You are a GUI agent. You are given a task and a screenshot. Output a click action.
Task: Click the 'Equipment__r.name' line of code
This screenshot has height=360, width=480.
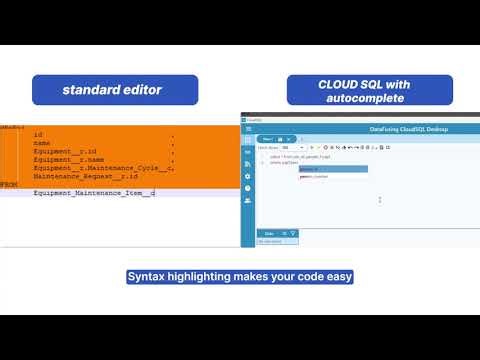pyautogui.click(x=68, y=158)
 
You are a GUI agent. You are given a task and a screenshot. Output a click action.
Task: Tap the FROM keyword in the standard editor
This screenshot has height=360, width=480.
pyautogui.click(x=8, y=184)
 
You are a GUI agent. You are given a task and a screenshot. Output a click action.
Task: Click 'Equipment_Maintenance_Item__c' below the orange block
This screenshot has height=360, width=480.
pyautogui.click(x=94, y=192)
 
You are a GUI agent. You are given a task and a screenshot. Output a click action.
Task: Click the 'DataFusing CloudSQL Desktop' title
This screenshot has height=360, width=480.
pyautogui.click(x=409, y=129)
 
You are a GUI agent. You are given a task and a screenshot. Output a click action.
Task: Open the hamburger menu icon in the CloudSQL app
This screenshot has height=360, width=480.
pyautogui.click(x=247, y=129)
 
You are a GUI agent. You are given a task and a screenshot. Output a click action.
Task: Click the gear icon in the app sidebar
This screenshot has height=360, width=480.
pyautogui.click(x=248, y=175)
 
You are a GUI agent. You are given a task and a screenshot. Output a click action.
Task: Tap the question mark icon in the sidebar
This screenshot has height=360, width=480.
pyautogui.click(x=248, y=187)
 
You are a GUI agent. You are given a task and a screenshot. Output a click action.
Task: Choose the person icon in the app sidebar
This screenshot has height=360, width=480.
pyautogui.click(x=248, y=200)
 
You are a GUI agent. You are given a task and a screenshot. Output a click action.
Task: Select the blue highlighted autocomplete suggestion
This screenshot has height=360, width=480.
pyautogui.click(x=333, y=169)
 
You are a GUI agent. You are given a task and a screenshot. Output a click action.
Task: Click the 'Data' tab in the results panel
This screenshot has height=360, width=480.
pyautogui.click(x=268, y=234)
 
